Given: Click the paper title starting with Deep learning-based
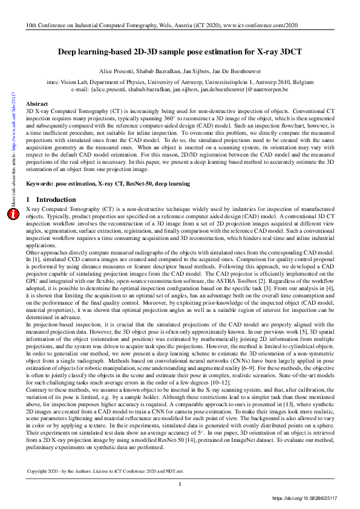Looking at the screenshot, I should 180,52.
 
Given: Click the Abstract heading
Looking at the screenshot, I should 38,104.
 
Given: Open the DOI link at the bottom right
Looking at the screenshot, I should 311,499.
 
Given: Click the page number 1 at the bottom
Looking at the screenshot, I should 180,485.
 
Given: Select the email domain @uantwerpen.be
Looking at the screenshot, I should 272,88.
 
